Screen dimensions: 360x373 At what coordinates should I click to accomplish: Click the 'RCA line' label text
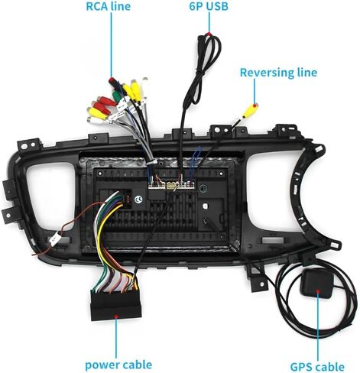click(x=109, y=6)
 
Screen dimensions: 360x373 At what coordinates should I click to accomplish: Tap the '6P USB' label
click(x=209, y=6)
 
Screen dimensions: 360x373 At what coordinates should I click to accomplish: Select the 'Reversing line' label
click(x=278, y=73)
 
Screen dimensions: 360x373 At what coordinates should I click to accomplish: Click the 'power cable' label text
click(x=118, y=365)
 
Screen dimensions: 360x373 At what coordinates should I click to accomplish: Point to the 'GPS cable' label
click(x=317, y=367)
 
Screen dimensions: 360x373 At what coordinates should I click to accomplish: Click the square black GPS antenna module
click(x=316, y=284)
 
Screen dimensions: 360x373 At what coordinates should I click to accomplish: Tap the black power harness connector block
click(x=116, y=305)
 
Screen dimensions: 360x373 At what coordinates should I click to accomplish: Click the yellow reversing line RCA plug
click(x=250, y=111)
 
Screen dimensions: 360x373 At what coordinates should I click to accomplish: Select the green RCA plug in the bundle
click(x=116, y=96)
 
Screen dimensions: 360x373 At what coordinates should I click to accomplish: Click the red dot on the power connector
click(x=116, y=316)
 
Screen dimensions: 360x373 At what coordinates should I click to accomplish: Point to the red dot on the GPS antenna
click(x=318, y=290)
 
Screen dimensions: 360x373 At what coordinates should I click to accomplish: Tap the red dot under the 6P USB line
click(x=209, y=34)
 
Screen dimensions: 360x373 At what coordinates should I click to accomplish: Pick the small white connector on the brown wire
click(x=55, y=240)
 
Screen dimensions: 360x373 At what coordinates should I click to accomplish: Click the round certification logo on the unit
click(x=138, y=200)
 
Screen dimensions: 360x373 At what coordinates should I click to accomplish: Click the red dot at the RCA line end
click(x=111, y=79)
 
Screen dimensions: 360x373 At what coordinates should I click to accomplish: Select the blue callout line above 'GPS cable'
click(x=318, y=326)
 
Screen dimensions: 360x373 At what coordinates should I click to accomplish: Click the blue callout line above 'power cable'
click(x=116, y=338)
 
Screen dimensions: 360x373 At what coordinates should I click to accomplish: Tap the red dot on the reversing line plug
click(x=255, y=105)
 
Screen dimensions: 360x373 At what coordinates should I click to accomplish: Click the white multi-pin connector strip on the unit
click(x=171, y=185)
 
